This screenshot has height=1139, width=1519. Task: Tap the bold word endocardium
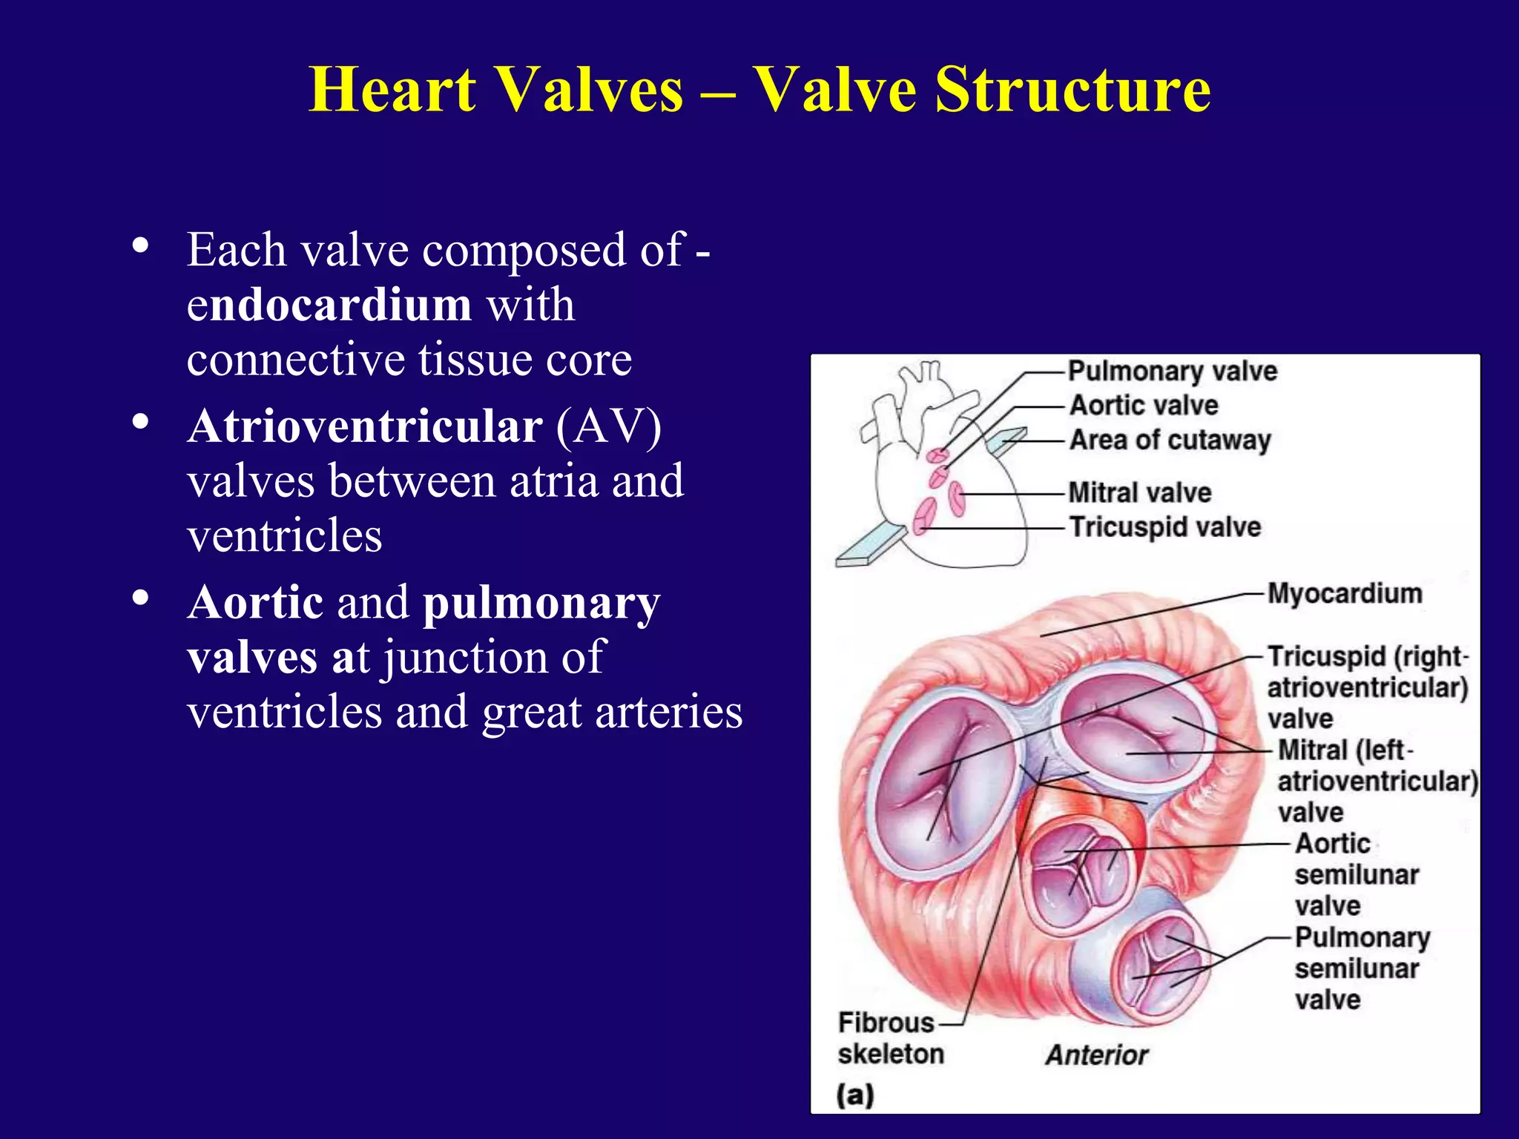coord(329,304)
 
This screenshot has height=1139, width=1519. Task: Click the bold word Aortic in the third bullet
coord(255,601)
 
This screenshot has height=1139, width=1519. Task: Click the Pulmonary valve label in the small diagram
coord(1172,371)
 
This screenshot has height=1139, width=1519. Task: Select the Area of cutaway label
coord(1170,440)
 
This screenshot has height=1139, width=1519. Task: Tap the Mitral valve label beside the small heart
coord(1140,492)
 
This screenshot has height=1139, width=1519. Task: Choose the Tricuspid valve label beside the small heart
coord(1164,527)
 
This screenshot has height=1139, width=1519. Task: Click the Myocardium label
coord(1344,593)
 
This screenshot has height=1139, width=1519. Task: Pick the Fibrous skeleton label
coord(890,1038)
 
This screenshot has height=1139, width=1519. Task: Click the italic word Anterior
coord(1096,1054)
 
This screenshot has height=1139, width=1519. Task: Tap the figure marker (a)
coord(855,1095)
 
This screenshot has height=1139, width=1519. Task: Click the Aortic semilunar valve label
coord(1356,875)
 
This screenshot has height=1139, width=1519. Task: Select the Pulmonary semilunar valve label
coord(1362,968)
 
